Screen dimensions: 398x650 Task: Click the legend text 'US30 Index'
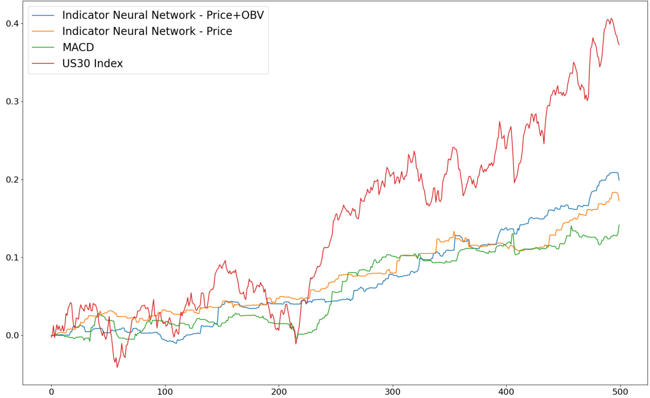point(92,63)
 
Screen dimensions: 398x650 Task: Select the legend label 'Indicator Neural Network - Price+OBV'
point(163,15)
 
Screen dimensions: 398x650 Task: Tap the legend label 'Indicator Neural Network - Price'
point(147,31)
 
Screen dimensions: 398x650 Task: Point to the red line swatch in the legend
point(43,64)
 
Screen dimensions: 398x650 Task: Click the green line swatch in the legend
point(43,48)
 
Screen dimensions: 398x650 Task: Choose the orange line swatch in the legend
point(43,32)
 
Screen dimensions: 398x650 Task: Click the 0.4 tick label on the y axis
point(12,23)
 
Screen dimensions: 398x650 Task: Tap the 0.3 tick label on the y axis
point(12,101)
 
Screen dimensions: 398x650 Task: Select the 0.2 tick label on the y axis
point(12,179)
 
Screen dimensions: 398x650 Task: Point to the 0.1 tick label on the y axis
point(12,258)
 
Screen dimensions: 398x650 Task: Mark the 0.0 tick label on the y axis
point(12,336)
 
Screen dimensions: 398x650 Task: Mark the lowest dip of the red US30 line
point(117,367)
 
